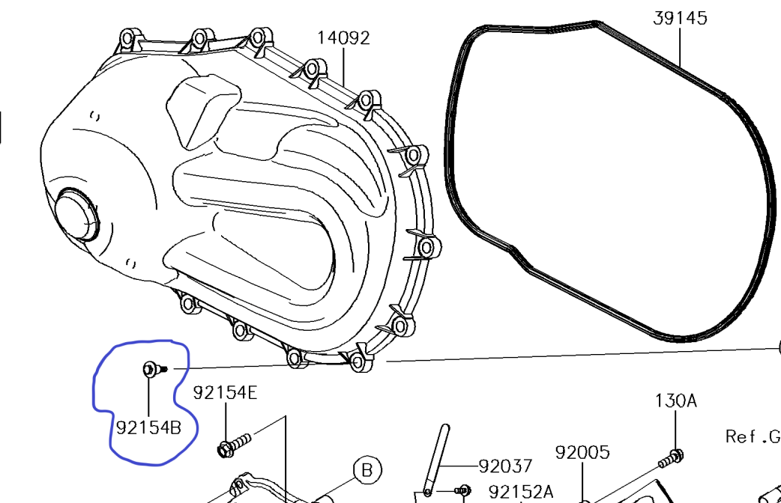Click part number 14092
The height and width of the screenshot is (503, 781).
tap(343, 37)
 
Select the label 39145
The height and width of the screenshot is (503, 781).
tap(680, 18)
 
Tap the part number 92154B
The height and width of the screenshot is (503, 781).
tap(148, 428)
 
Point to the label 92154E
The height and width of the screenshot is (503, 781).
tap(225, 392)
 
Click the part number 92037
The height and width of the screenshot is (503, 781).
tap(505, 467)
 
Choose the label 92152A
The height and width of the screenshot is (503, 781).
tap(522, 492)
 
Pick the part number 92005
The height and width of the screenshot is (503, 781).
tap(582, 452)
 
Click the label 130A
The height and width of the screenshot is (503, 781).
tap(676, 400)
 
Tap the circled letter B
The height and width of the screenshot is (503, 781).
tap(367, 470)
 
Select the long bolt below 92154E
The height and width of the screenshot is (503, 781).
tap(236, 443)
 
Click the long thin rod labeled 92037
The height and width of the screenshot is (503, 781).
tap(437, 458)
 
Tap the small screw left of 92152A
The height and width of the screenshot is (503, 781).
tap(462, 490)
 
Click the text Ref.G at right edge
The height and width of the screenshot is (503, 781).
tap(752, 436)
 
